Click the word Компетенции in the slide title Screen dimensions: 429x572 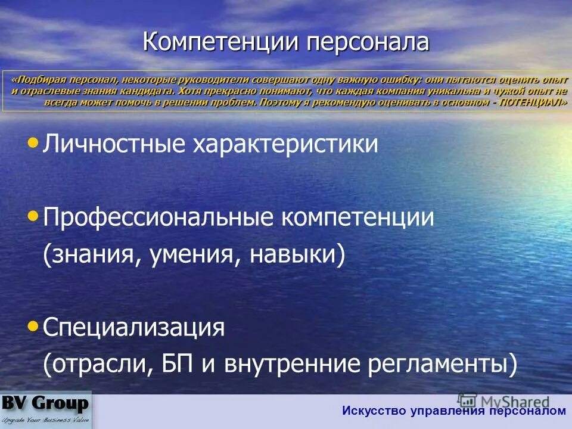click(222, 43)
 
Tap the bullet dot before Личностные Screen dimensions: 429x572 click(33, 142)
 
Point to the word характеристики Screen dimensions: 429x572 click(284, 145)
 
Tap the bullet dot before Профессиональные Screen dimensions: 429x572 click(33, 215)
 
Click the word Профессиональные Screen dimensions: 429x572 click(161, 217)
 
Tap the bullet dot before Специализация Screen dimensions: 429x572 click(33, 325)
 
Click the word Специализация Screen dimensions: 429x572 click(133, 328)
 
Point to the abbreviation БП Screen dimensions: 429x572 click(176, 364)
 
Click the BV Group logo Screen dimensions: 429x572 click(46, 409)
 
